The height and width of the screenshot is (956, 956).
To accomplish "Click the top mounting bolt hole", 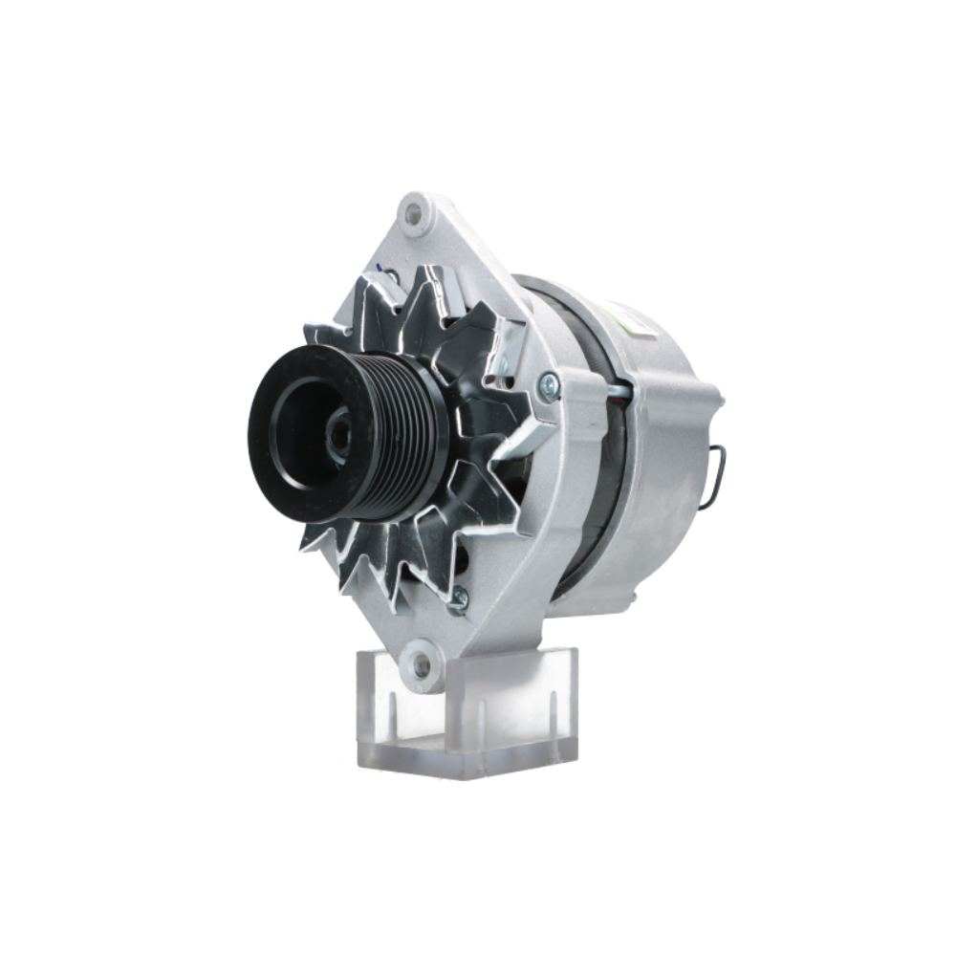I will (x=413, y=213).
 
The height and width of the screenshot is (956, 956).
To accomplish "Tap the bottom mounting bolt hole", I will (x=420, y=660).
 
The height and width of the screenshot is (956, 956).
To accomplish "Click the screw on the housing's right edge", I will (x=549, y=385).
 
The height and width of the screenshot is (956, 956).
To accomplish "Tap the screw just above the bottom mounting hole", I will (x=460, y=598).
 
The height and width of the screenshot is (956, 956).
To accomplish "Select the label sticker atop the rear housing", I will (x=631, y=320).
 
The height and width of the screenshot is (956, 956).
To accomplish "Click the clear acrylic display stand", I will (x=468, y=712).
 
